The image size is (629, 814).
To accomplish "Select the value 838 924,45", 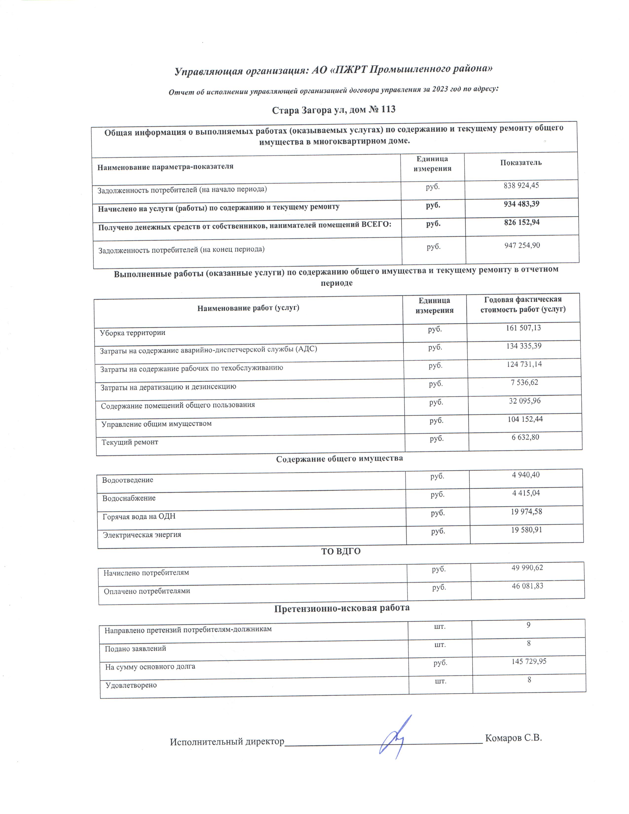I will click(x=521, y=185).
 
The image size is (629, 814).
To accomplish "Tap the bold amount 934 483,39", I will click(x=521, y=204).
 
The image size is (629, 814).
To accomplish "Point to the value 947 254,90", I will click(x=522, y=245).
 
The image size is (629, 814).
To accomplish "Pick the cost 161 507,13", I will click(x=523, y=328).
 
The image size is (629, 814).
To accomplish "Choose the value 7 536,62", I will click(x=524, y=382).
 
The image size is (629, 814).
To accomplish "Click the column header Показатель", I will click(x=520, y=163).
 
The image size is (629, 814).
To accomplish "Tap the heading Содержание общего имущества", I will click(x=339, y=459).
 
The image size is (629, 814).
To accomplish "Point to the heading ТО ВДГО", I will click(x=341, y=551).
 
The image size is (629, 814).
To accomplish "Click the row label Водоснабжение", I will click(x=129, y=498).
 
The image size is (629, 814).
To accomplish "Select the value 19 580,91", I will click(x=526, y=530).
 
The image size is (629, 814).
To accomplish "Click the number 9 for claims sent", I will click(x=528, y=625).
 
